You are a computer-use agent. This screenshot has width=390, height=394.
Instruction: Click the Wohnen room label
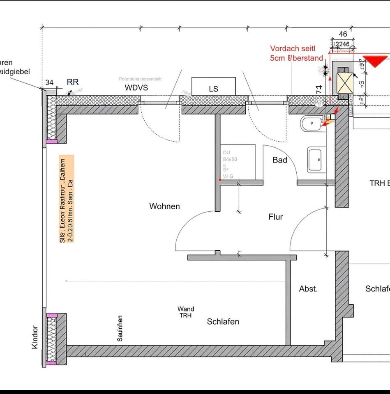tap(164, 206)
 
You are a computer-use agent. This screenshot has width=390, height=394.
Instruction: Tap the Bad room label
tap(279, 160)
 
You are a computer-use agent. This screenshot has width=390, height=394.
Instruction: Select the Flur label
tap(275, 217)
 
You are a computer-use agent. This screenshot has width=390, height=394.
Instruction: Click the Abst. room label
tap(308, 289)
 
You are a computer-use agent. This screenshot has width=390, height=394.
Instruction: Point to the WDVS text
tap(136, 88)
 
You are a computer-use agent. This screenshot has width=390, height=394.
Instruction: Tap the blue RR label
tap(73, 82)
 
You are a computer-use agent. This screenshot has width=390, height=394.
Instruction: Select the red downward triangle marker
tap(375, 61)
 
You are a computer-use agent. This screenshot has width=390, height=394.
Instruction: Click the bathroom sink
tap(315, 159)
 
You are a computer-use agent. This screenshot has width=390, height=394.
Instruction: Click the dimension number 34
tap(49, 82)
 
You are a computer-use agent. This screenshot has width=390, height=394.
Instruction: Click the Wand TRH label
tap(186, 312)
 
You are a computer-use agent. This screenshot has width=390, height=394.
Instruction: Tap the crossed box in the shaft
tap(344, 82)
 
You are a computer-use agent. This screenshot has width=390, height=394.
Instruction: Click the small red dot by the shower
tap(220, 180)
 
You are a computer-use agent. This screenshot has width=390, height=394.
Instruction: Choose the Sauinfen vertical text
tap(120, 328)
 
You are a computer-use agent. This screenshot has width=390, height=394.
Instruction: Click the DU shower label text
tap(227, 153)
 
